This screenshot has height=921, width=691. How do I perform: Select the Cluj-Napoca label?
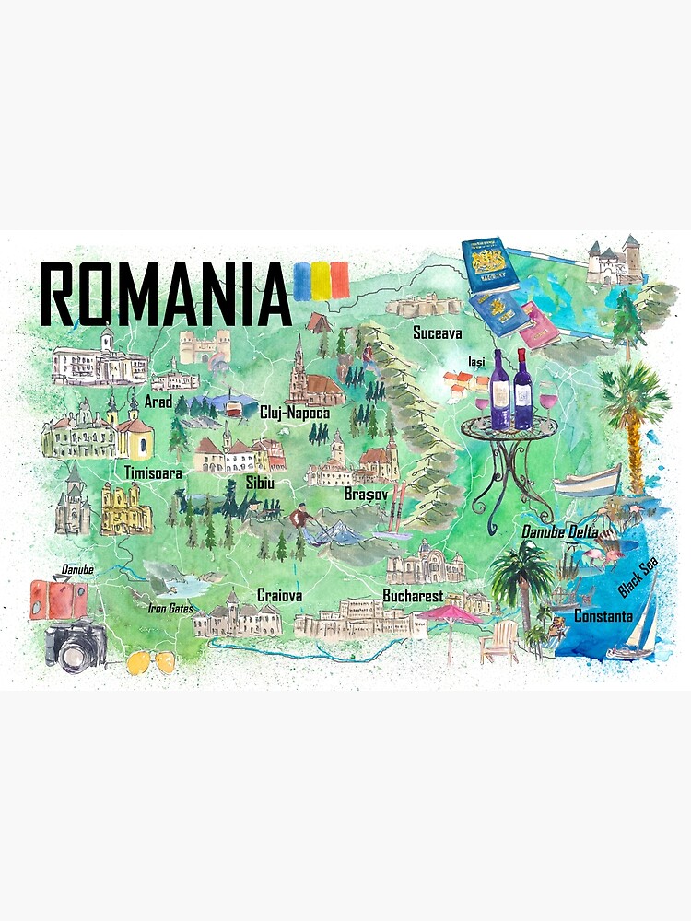295,413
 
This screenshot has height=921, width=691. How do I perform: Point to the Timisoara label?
153,472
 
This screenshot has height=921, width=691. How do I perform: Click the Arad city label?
158,402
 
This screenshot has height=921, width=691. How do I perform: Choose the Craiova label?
280,596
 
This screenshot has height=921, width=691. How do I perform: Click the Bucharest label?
413,596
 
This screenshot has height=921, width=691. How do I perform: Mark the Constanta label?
603,615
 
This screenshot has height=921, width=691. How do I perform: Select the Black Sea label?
638,576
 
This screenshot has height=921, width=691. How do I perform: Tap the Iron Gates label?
170,608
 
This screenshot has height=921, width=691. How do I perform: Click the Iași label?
476,361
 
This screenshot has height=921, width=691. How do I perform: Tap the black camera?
74,643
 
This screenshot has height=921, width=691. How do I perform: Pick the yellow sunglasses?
152,661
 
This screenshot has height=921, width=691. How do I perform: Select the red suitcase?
58,599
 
